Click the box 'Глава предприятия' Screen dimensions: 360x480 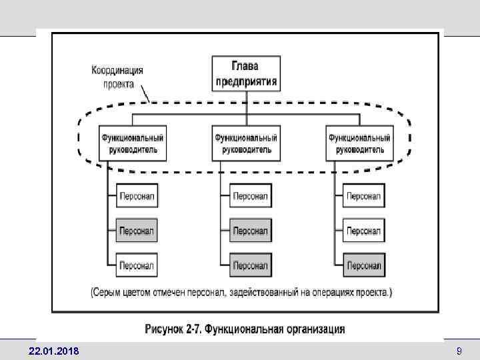(246, 74)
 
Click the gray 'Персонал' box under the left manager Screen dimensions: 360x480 (137, 231)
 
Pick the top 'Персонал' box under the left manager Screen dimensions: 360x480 (137, 197)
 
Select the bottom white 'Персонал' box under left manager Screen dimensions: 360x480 (137, 265)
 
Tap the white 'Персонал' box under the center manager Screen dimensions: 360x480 (250, 197)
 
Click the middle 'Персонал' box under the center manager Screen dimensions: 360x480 (250, 231)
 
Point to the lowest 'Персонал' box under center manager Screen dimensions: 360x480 (250, 265)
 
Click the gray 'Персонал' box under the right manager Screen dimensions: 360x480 (363, 265)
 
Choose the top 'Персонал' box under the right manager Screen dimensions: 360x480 (363, 197)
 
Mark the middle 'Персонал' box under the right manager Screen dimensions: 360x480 (363, 231)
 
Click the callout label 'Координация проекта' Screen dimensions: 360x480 (117, 77)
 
